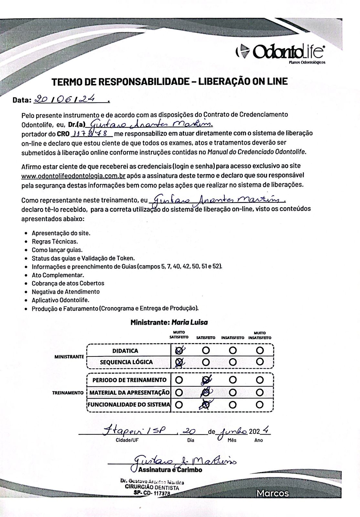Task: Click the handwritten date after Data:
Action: click(69, 99)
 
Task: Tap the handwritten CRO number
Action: click(91, 133)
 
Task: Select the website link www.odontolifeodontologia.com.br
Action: click(73, 176)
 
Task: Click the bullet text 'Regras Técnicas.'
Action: click(55, 241)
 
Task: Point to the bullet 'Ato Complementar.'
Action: click(58, 275)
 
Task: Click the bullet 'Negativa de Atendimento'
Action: click(66, 291)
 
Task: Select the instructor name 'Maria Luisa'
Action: click(190, 322)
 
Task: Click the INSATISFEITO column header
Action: click(233, 338)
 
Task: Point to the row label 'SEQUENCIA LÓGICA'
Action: click(126, 362)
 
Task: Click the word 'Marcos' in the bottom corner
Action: click(272, 493)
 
